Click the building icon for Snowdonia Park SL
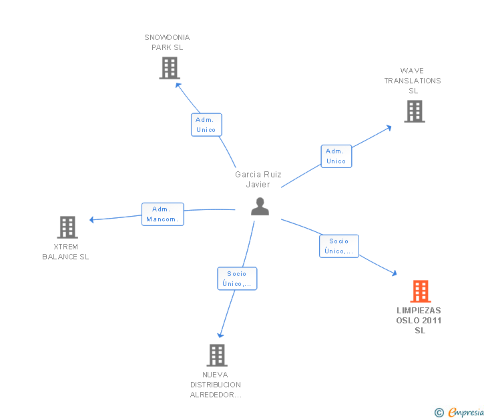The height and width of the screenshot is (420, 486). pyautogui.click(x=170, y=68)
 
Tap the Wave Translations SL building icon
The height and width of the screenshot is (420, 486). pyautogui.click(x=415, y=111)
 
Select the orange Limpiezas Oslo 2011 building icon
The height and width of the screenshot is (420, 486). pyautogui.click(x=421, y=291)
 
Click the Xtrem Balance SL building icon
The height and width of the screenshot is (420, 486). pyautogui.click(x=67, y=227)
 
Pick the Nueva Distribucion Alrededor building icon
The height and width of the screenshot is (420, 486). pyautogui.click(x=217, y=355)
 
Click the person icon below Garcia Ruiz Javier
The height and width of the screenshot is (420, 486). pyautogui.click(x=260, y=207)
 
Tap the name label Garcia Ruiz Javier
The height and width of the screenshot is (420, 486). pyautogui.click(x=258, y=179)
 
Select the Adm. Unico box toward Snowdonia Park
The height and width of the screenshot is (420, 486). pyautogui.click(x=206, y=125)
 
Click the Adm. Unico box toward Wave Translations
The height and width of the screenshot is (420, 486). pyautogui.click(x=336, y=156)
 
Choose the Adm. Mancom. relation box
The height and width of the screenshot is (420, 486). pyautogui.click(x=163, y=214)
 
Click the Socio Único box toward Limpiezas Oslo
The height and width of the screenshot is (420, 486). pyautogui.click(x=339, y=246)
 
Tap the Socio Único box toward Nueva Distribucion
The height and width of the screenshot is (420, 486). pyautogui.click(x=237, y=279)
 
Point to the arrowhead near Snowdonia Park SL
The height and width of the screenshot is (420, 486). pyautogui.click(x=178, y=85)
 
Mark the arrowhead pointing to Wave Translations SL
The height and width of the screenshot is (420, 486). pyautogui.click(x=389, y=128)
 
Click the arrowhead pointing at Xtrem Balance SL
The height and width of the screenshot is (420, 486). pyautogui.click(x=91, y=220)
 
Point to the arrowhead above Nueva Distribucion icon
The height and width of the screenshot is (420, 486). pyautogui.click(x=220, y=335)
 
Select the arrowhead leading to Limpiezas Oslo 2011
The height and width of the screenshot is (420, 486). pyautogui.click(x=395, y=273)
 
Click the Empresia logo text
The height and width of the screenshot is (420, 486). pyautogui.click(x=466, y=412)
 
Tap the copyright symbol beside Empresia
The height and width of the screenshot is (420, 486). pyautogui.click(x=439, y=413)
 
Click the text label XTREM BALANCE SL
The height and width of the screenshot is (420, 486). pyautogui.click(x=65, y=251)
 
